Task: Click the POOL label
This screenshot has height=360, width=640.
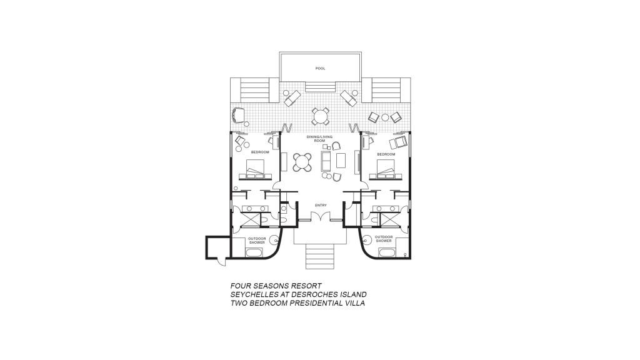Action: (x=321, y=69)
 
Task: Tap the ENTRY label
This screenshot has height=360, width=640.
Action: (x=321, y=205)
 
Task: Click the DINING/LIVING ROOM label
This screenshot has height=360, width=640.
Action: (x=319, y=139)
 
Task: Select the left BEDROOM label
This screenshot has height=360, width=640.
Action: (x=260, y=152)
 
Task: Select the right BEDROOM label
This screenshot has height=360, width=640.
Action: (x=386, y=154)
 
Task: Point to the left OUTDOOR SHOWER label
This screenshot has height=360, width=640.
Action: (x=257, y=241)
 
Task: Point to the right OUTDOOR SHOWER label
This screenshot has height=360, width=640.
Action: (x=384, y=239)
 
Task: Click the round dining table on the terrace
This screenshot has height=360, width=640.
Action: (x=321, y=116)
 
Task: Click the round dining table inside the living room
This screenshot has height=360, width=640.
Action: (x=302, y=162)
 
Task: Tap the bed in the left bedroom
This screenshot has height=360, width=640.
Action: (x=255, y=169)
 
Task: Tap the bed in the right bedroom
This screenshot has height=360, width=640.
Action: (x=386, y=169)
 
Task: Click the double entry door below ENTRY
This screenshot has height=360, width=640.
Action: (x=321, y=217)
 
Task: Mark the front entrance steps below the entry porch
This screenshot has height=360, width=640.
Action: (x=321, y=256)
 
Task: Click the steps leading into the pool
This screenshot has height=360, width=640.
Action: (x=321, y=87)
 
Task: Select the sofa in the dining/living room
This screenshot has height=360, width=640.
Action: (x=326, y=161)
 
